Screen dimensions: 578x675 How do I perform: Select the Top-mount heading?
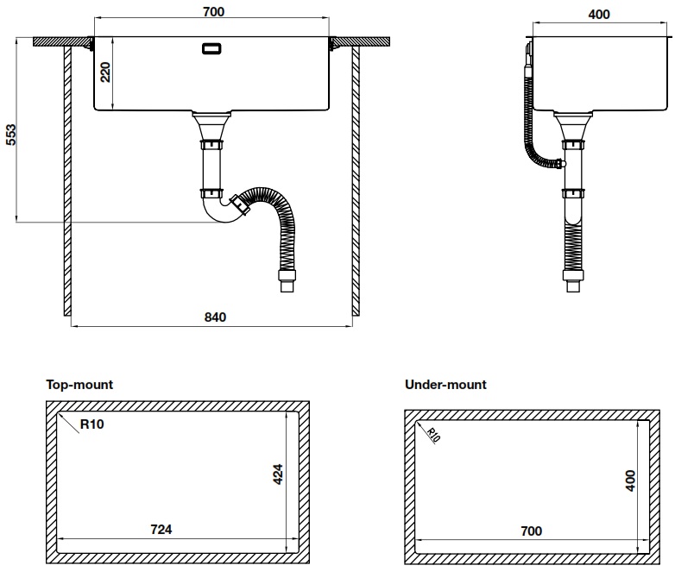79,385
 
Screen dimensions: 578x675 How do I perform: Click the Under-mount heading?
445,385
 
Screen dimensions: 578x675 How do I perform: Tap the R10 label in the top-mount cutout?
92,424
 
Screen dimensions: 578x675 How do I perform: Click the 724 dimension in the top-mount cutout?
161,529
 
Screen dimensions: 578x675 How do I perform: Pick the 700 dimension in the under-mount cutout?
531,531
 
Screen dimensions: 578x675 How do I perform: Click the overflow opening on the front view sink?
211,49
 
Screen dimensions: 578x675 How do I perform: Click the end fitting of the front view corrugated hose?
285,281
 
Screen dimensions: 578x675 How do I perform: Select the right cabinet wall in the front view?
355,181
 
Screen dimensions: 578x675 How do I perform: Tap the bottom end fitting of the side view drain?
571,283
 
